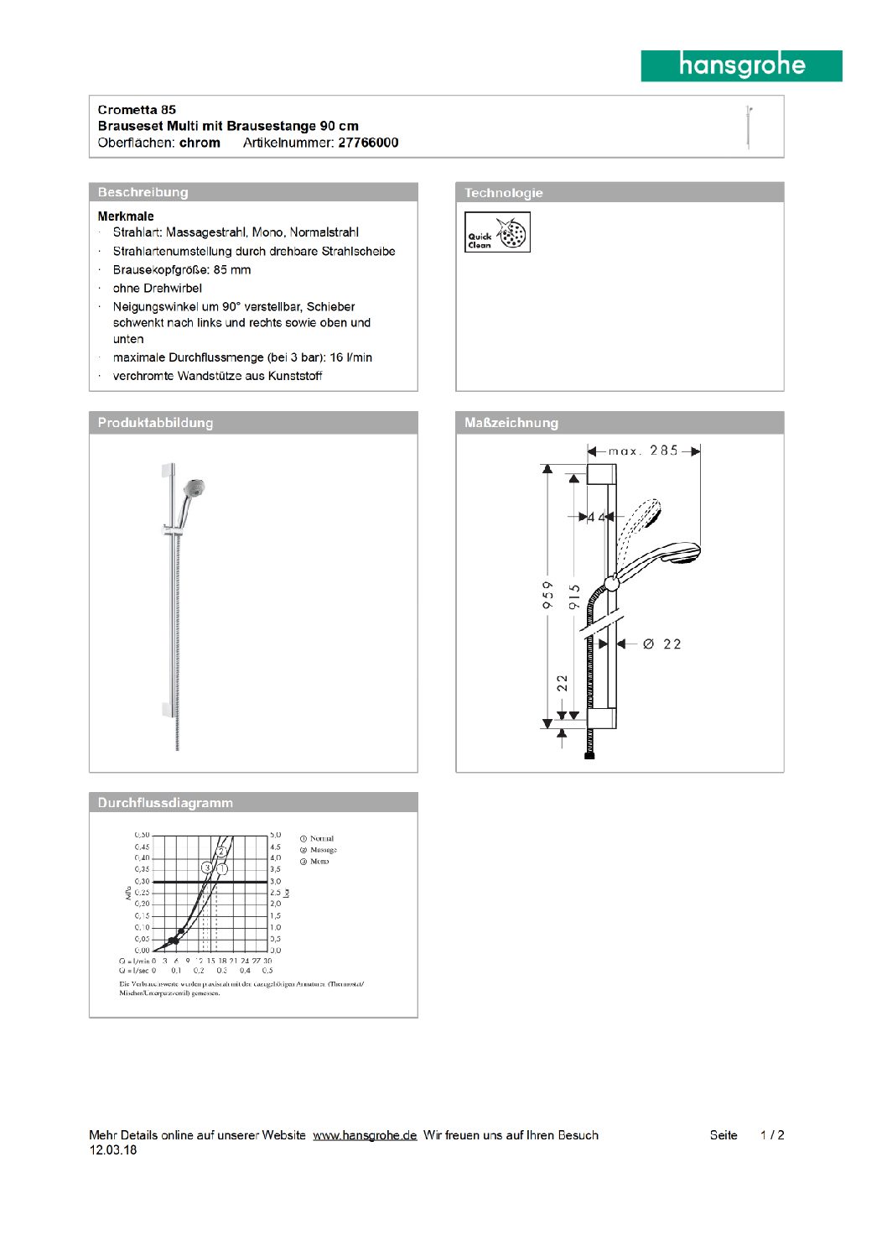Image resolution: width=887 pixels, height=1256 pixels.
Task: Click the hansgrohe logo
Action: coord(741,65)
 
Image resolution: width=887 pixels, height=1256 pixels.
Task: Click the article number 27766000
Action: coord(368,143)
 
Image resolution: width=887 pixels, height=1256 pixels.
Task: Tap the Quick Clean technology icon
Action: coord(497,232)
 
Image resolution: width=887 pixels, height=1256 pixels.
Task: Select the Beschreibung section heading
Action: coord(143,192)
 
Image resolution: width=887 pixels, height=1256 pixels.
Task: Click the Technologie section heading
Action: coord(504,193)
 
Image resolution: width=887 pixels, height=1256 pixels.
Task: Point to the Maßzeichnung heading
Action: coord(511,423)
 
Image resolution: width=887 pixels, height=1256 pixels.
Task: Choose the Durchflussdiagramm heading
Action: coord(165,803)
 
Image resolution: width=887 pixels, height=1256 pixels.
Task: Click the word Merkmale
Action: coord(126,216)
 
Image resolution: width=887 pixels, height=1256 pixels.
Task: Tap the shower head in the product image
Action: coord(194,488)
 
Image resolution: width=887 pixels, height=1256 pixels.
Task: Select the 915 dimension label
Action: coord(574,597)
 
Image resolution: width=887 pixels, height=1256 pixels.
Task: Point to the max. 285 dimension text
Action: coord(643,451)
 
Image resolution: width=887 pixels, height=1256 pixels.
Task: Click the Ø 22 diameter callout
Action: coord(662,644)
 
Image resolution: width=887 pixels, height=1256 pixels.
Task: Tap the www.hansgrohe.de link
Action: coord(365,1135)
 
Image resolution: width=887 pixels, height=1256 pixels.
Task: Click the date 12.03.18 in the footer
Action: coord(113,1150)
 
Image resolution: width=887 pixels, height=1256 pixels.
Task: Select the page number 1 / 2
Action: coord(772,1135)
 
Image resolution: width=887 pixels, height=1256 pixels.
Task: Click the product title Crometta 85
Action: coord(137,110)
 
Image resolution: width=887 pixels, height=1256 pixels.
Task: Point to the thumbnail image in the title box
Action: coord(749,127)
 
